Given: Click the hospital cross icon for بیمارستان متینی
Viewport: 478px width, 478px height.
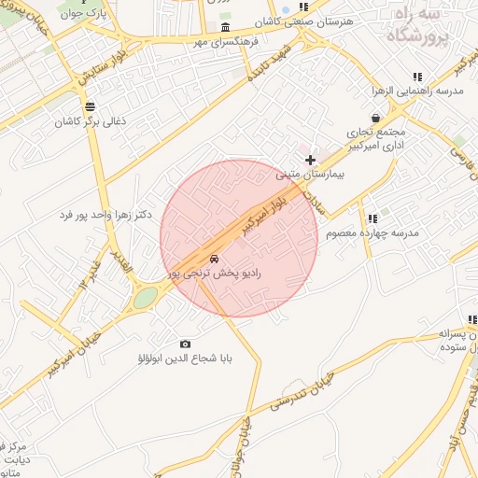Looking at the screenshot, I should tap(311, 160).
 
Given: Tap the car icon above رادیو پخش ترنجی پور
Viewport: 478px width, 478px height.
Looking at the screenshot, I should tap(215, 259).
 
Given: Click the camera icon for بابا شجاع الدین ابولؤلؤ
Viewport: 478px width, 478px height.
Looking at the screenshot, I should tap(185, 344).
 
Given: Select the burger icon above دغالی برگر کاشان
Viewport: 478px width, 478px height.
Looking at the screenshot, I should tap(90, 106).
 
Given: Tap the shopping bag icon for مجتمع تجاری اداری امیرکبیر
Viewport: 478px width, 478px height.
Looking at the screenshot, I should tap(375, 119).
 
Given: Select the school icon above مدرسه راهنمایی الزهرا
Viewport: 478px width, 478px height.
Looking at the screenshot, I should tap(417, 77).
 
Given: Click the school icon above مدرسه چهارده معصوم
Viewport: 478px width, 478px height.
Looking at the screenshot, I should tap(373, 218).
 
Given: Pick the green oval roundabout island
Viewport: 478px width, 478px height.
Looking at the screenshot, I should tap(146, 297).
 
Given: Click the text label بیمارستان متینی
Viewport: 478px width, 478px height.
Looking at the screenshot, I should tap(311, 175).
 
